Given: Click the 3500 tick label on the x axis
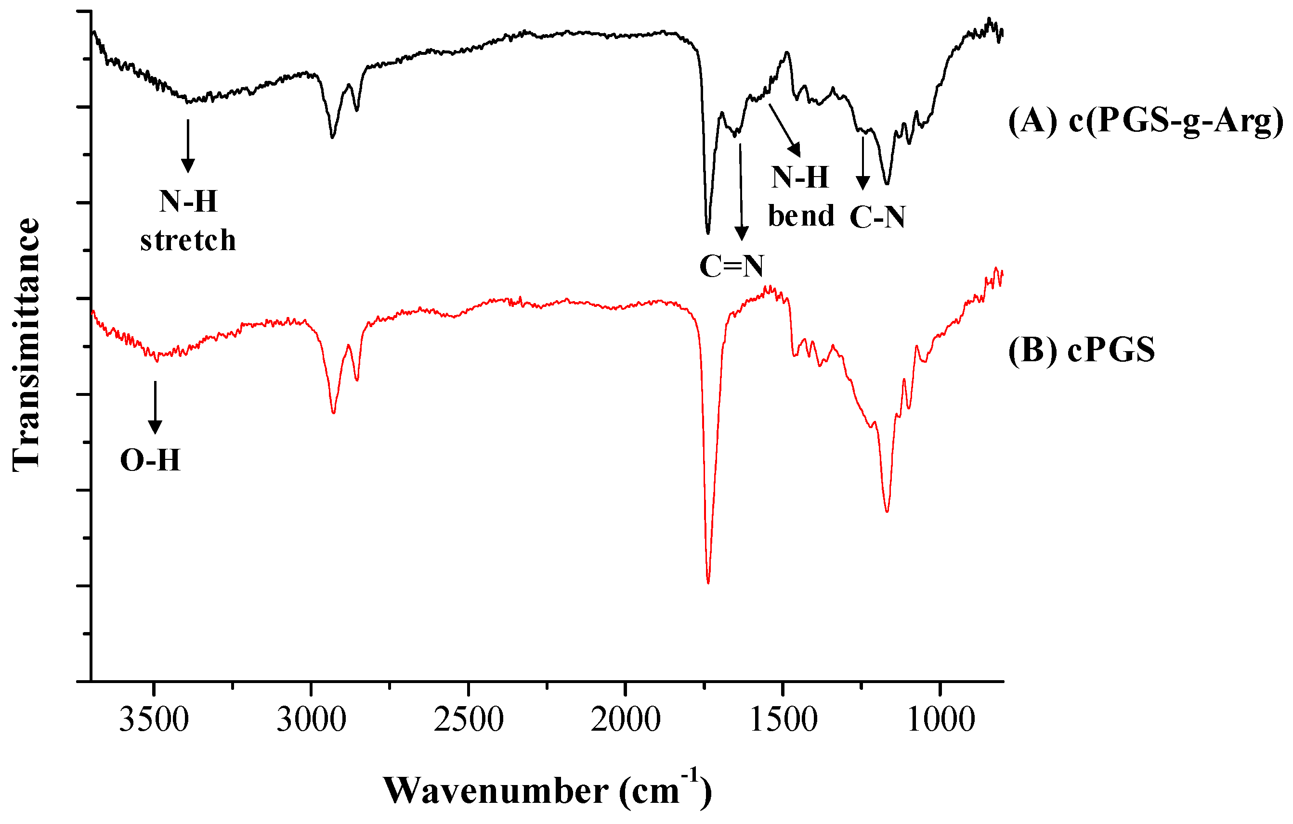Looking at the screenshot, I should pyautogui.click(x=154, y=720).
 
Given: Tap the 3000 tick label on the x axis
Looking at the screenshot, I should pyautogui.click(x=312, y=720).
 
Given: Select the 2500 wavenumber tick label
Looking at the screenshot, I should pyautogui.click(x=469, y=720).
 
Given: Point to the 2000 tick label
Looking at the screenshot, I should pyautogui.click(x=626, y=720).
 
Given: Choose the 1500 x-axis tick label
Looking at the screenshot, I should pyautogui.click(x=784, y=720).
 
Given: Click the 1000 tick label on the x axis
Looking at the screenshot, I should pyautogui.click(x=941, y=720).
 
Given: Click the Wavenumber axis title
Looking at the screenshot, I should pyautogui.click(x=547, y=791).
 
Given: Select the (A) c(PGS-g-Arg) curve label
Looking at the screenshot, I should pyautogui.click(x=1145, y=120).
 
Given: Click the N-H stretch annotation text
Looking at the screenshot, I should pyautogui.click(x=188, y=220).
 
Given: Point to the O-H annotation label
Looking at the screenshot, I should pyautogui.click(x=150, y=460).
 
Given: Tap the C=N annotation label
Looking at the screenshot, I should pyautogui.click(x=731, y=266).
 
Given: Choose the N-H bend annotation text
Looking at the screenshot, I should pyautogui.click(x=801, y=196).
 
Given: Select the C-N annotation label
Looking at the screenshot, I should pyautogui.click(x=878, y=217).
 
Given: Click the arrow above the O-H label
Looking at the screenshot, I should pyautogui.click(x=155, y=406).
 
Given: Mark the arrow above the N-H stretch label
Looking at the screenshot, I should pyautogui.click(x=188, y=146).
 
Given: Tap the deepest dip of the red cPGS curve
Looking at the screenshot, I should pyautogui.click(x=708, y=583).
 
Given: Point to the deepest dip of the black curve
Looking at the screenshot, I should pyautogui.click(x=708, y=233).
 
